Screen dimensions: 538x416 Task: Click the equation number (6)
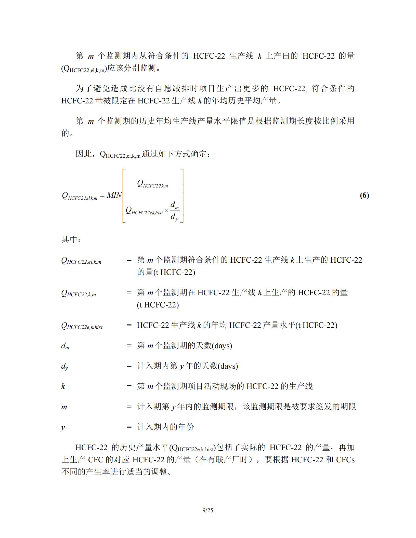tap(364, 195)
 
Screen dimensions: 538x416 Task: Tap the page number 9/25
tap(208, 510)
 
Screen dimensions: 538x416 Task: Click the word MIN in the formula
tap(114, 195)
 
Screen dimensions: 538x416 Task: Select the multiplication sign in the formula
tap(166, 210)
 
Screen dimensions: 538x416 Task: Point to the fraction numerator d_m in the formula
tap(174, 205)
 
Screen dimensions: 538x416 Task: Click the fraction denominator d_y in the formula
tap(174, 217)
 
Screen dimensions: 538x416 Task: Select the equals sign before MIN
tap(102, 196)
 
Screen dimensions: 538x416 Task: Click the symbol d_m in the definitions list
tap(65, 346)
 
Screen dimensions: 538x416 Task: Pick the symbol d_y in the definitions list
tap(64, 366)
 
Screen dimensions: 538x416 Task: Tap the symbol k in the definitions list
tap(63, 386)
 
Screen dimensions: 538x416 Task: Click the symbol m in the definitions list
tap(64, 407)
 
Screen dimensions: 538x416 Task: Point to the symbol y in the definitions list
tap(63, 427)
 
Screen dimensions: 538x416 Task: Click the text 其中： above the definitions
tap(71, 239)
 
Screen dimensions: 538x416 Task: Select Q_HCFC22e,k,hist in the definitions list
tap(82, 326)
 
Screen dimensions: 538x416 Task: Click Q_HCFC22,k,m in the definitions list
tap(79, 293)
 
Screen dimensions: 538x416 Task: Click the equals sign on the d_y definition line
tap(129, 366)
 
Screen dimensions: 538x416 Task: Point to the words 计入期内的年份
tap(166, 427)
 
